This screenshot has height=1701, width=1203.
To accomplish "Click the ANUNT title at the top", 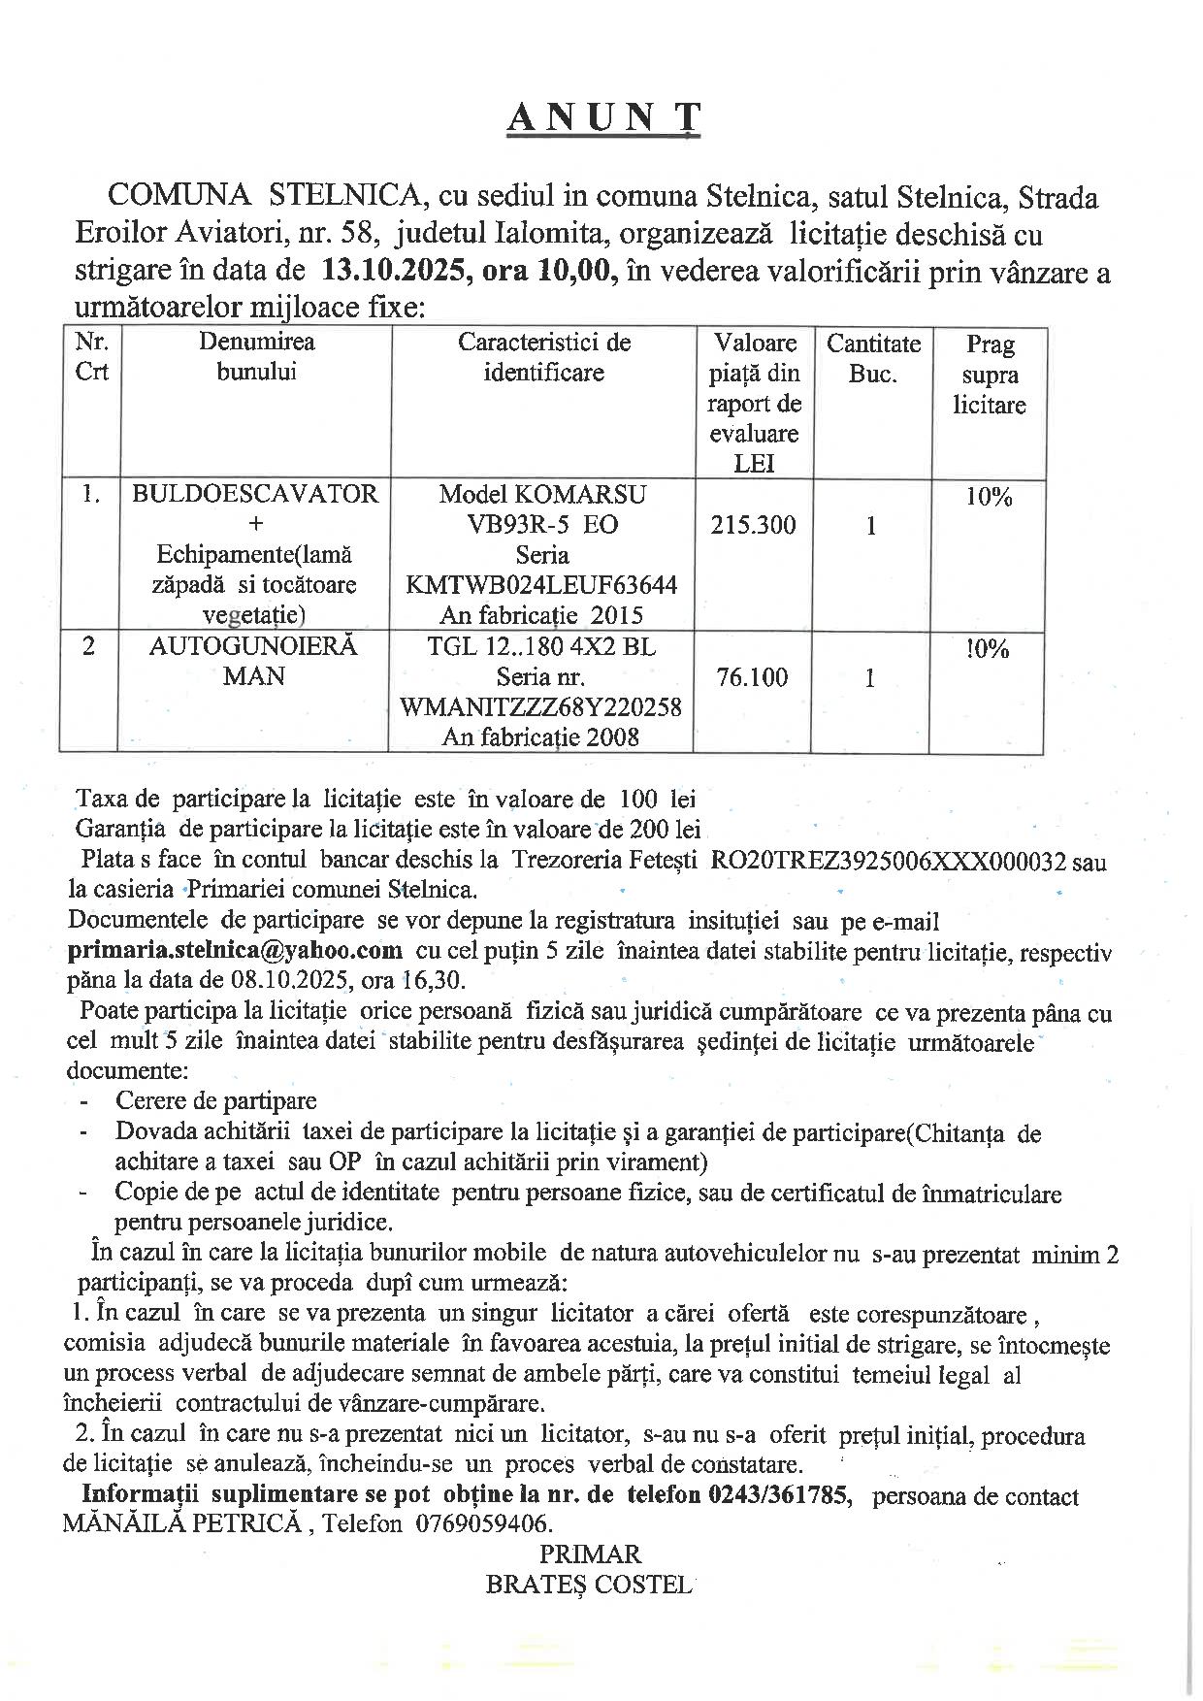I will click(603, 117).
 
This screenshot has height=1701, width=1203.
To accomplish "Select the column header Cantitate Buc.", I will click(873, 358).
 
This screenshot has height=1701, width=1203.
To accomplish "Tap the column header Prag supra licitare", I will click(990, 374).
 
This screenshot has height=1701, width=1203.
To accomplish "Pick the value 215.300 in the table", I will click(753, 525).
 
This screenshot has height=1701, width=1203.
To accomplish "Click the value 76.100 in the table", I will click(752, 677).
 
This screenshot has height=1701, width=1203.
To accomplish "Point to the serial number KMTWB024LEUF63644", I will click(542, 585).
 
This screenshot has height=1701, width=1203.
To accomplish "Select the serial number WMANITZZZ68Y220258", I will click(541, 706).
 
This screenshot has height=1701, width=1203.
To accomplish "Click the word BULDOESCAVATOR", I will click(255, 494).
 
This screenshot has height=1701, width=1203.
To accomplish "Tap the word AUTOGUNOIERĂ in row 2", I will click(253, 646).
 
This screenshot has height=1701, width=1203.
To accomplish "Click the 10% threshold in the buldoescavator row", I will click(989, 498).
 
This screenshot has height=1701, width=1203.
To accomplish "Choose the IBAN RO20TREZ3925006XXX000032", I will click(889, 861).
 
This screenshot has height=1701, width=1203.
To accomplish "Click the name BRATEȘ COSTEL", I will click(589, 1585).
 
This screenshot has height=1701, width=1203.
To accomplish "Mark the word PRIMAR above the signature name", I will click(590, 1554).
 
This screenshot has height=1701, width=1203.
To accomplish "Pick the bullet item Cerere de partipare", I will click(216, 1100).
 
